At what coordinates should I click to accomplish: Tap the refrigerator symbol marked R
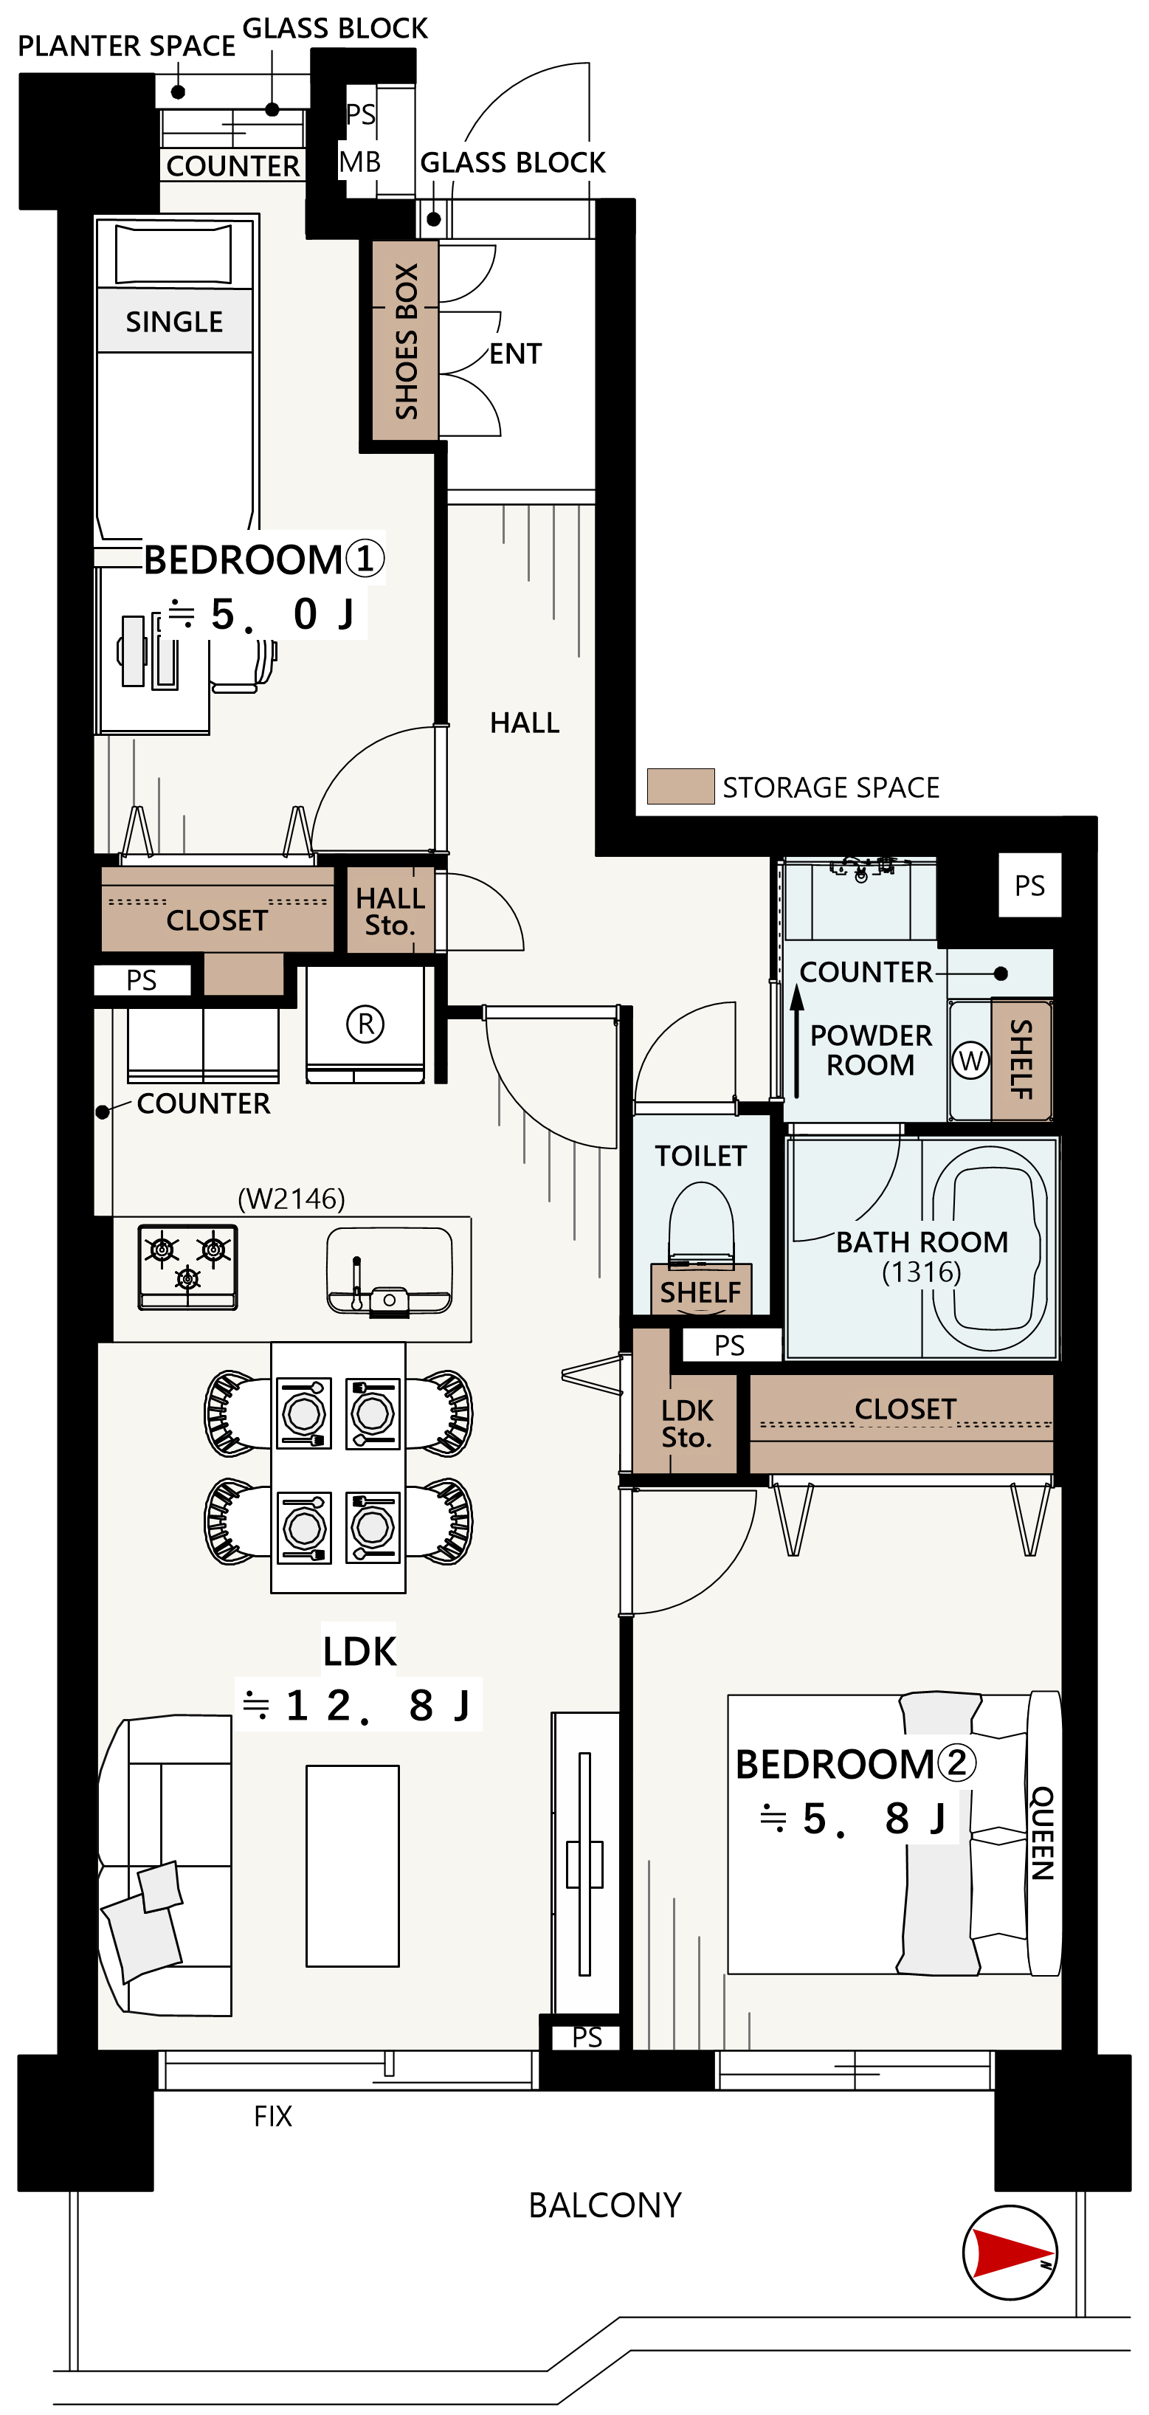[x=365, y=1023]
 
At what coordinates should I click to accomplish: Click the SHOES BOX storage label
[x=406, y=340]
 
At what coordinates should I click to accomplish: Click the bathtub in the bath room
[x=990, y=1249]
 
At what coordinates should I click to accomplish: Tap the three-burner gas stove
[x=187, y=1267]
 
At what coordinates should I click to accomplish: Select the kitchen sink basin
[x=389, y=1271]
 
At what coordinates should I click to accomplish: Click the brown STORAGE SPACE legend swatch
[x=680, y=785]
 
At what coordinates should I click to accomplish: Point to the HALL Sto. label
[x=390, y=912]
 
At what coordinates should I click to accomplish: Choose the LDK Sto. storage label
[x=687, y=1423]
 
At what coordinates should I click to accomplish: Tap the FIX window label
[x=273, y=2116]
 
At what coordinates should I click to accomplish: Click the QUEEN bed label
[x=1042, y=1833]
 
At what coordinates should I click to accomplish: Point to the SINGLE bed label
[x=174, y=322]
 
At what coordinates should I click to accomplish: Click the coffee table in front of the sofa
[x=353, y=1866]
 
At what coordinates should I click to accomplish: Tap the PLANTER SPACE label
[x=126, y=45]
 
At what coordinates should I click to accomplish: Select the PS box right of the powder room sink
[x=1029, y=885]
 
